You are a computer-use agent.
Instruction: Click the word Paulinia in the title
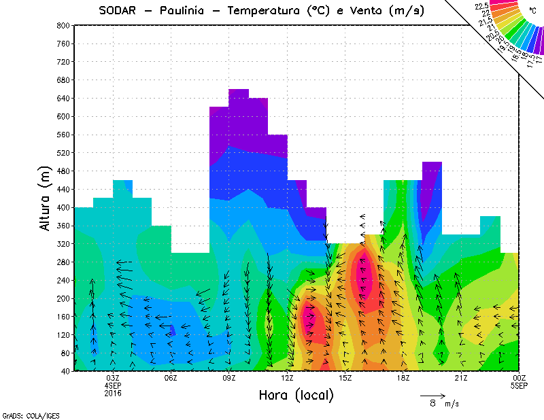click(x=184, y=10)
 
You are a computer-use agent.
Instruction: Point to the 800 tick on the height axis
click(x=63, y=25)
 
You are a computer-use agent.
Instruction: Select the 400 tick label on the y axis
click(x=63, y=207)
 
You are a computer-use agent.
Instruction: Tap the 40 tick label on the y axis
click(x=65, y=371)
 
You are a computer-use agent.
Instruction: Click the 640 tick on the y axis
click(x=63, y=98)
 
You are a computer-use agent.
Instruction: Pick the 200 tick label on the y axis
click(x=63, y=298)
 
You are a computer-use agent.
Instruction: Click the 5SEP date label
click(x=519, y=386)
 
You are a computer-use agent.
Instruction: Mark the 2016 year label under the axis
click(x=113, y=393)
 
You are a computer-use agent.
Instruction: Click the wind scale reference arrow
click(x=432, y=395)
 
